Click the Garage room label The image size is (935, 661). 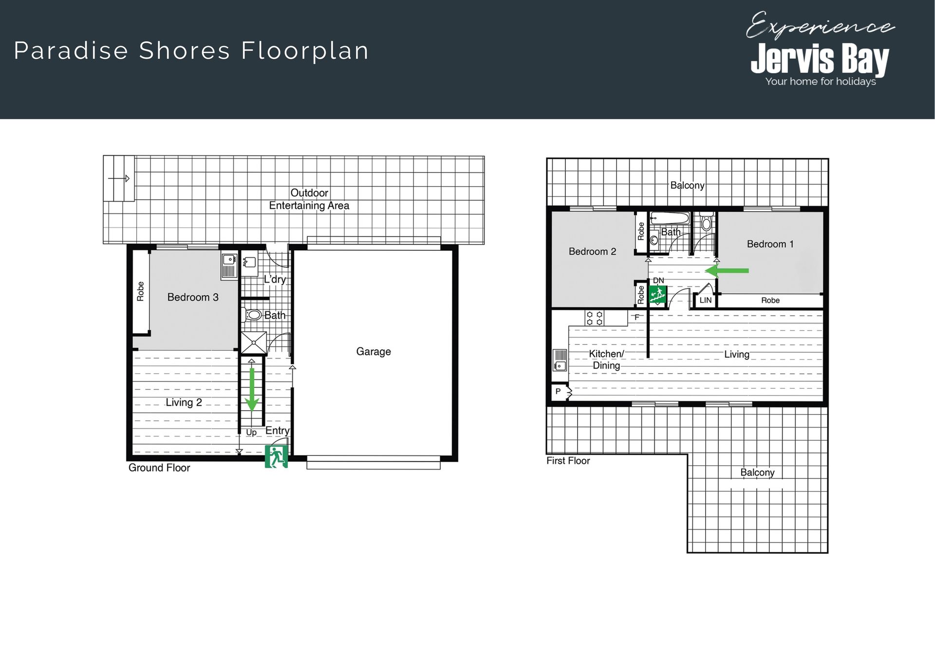[x=374, y=352]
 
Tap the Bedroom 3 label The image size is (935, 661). [x=193, y=297]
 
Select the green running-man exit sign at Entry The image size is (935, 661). [x=276, y=456]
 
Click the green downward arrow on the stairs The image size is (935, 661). [x=252, y=390]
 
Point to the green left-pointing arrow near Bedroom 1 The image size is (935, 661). [x=727, y=271]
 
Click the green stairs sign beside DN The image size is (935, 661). [x=658, y=295]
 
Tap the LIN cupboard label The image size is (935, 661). [x=706, y=300]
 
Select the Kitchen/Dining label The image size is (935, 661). [x=606, y=359]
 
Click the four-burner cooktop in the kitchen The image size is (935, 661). [x=595, y=318]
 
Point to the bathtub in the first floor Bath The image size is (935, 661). [x=670, y=218]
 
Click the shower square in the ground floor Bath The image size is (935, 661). [x=254, y=342]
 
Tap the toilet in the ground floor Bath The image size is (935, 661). [x=252, y=315]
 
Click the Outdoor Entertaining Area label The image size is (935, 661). [x=309, y=199]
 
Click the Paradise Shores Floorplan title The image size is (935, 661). [x=191, y=51]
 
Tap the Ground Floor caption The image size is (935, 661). [x=159, y=468]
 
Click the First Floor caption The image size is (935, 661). [x=568, y=461]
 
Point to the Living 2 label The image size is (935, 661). [x=184, y=402]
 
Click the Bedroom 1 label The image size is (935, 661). [x=770, y=244]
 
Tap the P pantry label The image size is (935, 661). [x=558, y=391]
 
